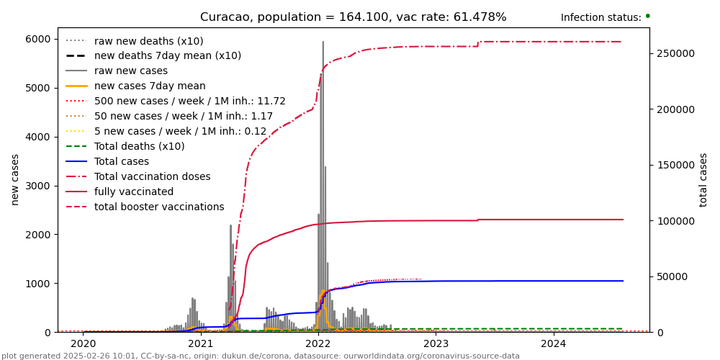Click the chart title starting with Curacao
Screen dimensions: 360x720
pos(353,17)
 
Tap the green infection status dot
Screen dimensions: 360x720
pos(647,16)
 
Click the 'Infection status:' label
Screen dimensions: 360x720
pos(600,17)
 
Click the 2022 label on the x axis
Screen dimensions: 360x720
pos(318,344)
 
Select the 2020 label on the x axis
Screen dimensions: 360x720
pos(83,344)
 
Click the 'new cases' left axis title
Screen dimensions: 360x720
pos(14,179)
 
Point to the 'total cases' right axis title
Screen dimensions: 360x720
pos(703,179)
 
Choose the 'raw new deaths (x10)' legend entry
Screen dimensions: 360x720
pos(148,41)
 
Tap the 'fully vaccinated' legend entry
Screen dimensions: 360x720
pos(134,192)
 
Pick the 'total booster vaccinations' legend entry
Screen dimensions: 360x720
pos(159,207)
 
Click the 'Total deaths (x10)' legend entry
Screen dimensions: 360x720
pos(139,146)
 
